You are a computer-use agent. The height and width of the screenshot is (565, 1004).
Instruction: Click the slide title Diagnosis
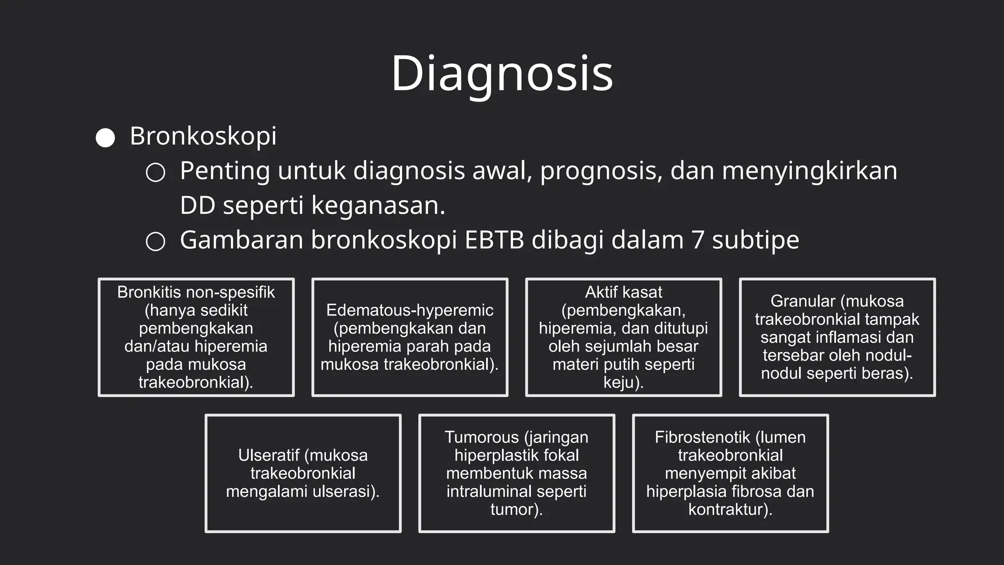pyautogui.click(x=502, y=74)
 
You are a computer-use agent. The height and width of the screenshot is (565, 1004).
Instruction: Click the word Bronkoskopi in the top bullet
pyautogui.click(x=203, y=136)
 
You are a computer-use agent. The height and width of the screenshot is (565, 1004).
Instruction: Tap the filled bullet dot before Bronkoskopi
pyautogui.click(x=105, y=138)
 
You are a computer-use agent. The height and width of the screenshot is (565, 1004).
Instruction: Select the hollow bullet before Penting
pyautogui.click(x=155, y=173)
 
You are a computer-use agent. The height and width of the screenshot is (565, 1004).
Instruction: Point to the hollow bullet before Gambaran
pyautogui.click(x=155, y=242)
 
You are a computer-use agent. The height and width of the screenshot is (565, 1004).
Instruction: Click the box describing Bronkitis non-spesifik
pyautogui.click(x=196, y=337)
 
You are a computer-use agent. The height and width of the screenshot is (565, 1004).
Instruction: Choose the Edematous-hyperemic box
pyautogui.click(x=410, y=337)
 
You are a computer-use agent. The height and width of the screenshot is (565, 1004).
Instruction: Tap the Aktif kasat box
pyautogui.click(x=624, y=337)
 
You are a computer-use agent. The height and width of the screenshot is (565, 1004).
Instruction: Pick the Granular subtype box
pyautogui.click(x=837, y=337)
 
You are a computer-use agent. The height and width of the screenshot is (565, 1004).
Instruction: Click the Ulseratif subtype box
pyautogui.click(x=303, y=473)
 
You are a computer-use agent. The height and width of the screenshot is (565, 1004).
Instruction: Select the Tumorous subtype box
pyautogui.click(x=517, y=473)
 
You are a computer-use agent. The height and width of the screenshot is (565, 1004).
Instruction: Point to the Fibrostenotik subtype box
pyautogui.click(x=730, y=473)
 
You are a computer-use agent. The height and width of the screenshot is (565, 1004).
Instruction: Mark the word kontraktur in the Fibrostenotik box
pyautogui.click(x=728, y=510)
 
